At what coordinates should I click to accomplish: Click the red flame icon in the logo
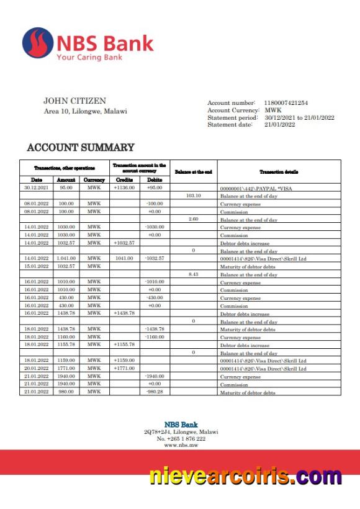pos(37,43)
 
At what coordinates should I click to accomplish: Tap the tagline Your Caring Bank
pos(89,57)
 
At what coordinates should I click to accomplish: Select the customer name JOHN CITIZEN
pos(74,101)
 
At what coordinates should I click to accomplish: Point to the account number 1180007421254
pos(286,102)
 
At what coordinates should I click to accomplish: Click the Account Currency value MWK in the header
pos(273,110)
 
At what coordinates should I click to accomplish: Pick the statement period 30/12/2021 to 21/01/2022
pos(299,117)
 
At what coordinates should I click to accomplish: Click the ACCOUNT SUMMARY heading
pos(81,148)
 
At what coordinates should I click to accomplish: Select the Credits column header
pos(124,180)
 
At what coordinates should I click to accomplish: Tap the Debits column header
pos(155,180)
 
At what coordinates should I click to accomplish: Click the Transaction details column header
pos(279,171)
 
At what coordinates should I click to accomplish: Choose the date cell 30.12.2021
pos(37,187)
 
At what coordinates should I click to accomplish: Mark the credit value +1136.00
pos(124,187)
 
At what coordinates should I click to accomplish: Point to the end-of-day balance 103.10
pos(193,196)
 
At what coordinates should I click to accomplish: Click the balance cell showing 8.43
pos(193,274)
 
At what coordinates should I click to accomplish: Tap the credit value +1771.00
pos(124,368)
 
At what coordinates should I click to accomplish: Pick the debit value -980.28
pos(155,392)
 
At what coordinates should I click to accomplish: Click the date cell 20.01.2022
pos(37,368)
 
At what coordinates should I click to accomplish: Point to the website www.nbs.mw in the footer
pos(181,445)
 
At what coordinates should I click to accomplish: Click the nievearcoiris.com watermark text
pos(245,477)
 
